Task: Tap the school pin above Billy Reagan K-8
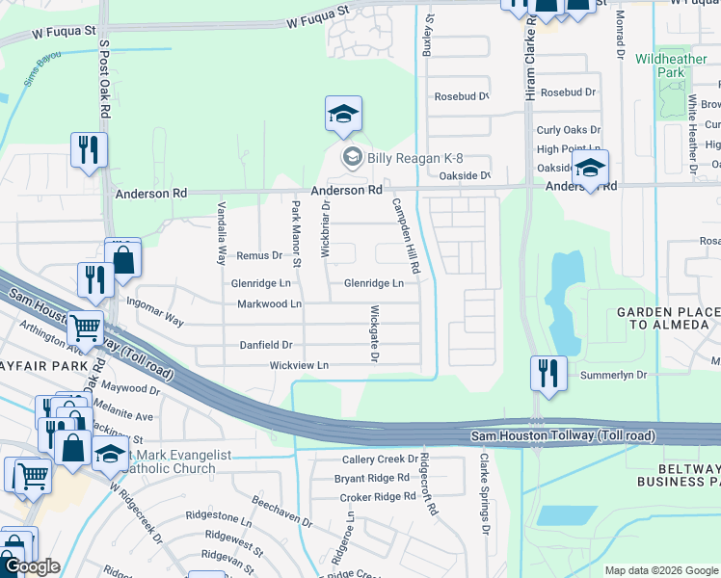[x=343, y=116]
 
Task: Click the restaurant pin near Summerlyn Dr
[x=548, y=374]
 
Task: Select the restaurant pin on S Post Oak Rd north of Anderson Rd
[x=89, y=151]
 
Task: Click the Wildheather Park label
[x=659, y=66]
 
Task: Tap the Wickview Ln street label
[x=299, y=366]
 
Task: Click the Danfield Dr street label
[x=267, y=345]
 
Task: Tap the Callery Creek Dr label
[x=380, y=460]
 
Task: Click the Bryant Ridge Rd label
[x=372, y=478]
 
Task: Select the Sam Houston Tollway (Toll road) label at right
[x=564, y=436]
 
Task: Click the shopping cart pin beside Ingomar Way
[x=86, y=329]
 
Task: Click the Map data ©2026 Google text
[x=661, y=570]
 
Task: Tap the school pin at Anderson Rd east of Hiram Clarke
[x=590, y=169]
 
